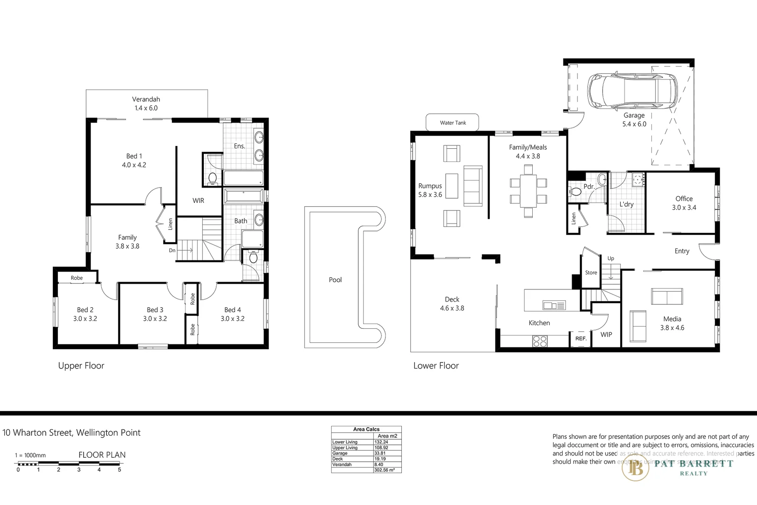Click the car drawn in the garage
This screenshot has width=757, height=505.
click(x=630, y=91)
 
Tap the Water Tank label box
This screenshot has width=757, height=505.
click(x=453, y=123)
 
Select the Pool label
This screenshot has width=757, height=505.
click(x=335, y=280)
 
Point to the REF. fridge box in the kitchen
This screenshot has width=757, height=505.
click(x=580, y=339)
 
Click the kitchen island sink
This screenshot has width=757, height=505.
click(x=554, y=305)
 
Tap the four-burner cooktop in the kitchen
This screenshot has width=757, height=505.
click(x=540, y=341)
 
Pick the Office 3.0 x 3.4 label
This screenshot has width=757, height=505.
click(x=684, y=203)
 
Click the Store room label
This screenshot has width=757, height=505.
click(x=591, y=273)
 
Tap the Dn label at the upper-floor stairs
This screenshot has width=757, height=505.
click(x=172, y=250)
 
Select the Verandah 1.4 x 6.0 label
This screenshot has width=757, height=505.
click(x=146, y=103)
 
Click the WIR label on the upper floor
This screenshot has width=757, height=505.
click(x=198, y=201)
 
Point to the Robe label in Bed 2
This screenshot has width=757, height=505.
click(x=77, y=278)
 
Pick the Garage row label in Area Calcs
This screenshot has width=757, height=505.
click(x=340, y=453)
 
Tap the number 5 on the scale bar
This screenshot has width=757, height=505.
click(x=119, y=469)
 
